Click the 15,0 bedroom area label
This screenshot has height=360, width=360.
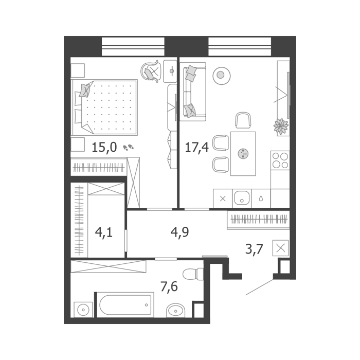click(x=104, y=147)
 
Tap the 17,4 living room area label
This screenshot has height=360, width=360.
click(x=197, y=147)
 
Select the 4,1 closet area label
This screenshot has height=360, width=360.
click(x=104, y=232)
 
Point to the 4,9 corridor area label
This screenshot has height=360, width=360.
click(x=180, y=232)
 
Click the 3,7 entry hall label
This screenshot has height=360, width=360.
click(x=254, y=249)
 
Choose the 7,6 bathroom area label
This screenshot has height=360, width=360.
click(x=169, y=286)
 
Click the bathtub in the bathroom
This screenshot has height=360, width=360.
click(x=125, y=305)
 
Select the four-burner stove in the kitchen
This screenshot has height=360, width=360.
click(x=280, y=160)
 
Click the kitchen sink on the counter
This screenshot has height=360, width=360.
click(x=242, y=198)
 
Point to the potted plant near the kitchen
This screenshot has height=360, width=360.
click(x=281, y=126)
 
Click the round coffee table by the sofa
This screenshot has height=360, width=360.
click(x=222, y=76)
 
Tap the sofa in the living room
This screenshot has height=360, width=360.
click(x=193, y=92)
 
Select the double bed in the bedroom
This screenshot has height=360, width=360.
click(x=105, y=107)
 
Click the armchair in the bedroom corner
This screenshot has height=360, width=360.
click(x=150, y=71)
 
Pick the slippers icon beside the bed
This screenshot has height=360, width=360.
click(x=129, y=148)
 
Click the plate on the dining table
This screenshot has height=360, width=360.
click(x=243, y=154)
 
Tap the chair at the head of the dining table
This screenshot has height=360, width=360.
click(x=243, y=120)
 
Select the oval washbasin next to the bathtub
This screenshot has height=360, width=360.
click(x=175, y=311)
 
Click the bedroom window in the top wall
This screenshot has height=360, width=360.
click(x=133, y=47)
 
